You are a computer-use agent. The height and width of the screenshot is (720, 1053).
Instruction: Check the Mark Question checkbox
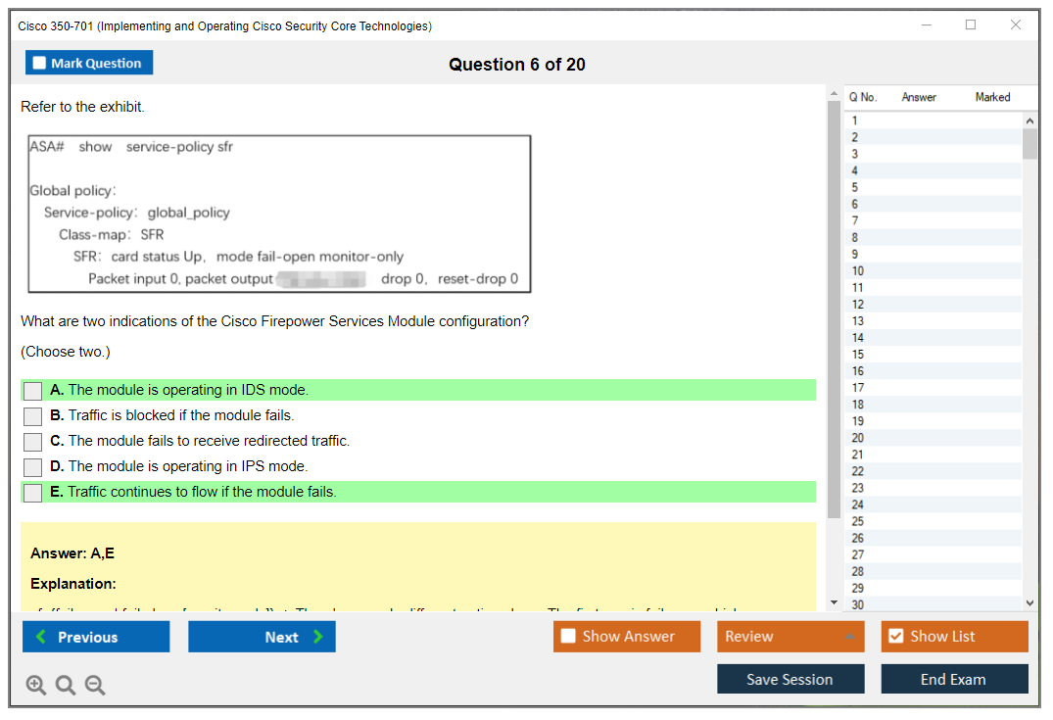point(40,64)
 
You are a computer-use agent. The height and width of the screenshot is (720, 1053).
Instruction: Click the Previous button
point(96,637)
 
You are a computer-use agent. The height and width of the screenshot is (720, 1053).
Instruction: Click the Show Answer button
point(627,637)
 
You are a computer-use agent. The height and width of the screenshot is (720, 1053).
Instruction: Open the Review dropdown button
point(790,637)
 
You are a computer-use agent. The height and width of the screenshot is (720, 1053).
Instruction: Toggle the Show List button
point(954,637)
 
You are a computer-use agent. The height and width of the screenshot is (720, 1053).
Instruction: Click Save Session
point(790,679)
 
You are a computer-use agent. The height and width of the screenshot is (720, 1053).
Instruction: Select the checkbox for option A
point(33,391)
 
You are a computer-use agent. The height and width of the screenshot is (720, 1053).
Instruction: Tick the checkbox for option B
point(33,416)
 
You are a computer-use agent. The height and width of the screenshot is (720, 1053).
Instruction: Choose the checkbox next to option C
point(33,442)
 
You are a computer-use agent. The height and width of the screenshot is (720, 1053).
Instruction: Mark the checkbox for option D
point(33,467)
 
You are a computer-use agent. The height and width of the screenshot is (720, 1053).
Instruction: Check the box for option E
point(33,493)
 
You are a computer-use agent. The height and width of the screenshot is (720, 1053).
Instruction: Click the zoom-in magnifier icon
point(36,686)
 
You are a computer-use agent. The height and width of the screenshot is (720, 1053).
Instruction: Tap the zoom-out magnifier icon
point(95,686)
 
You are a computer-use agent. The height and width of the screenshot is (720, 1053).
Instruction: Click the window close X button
point(1016,25)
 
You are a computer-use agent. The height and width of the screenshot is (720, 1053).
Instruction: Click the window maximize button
point(971,25)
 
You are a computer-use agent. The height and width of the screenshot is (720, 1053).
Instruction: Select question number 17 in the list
point(858,388)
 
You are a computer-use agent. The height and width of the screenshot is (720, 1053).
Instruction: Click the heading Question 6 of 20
point(517,65)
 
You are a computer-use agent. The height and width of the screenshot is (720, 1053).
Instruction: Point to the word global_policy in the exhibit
point(189,213)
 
